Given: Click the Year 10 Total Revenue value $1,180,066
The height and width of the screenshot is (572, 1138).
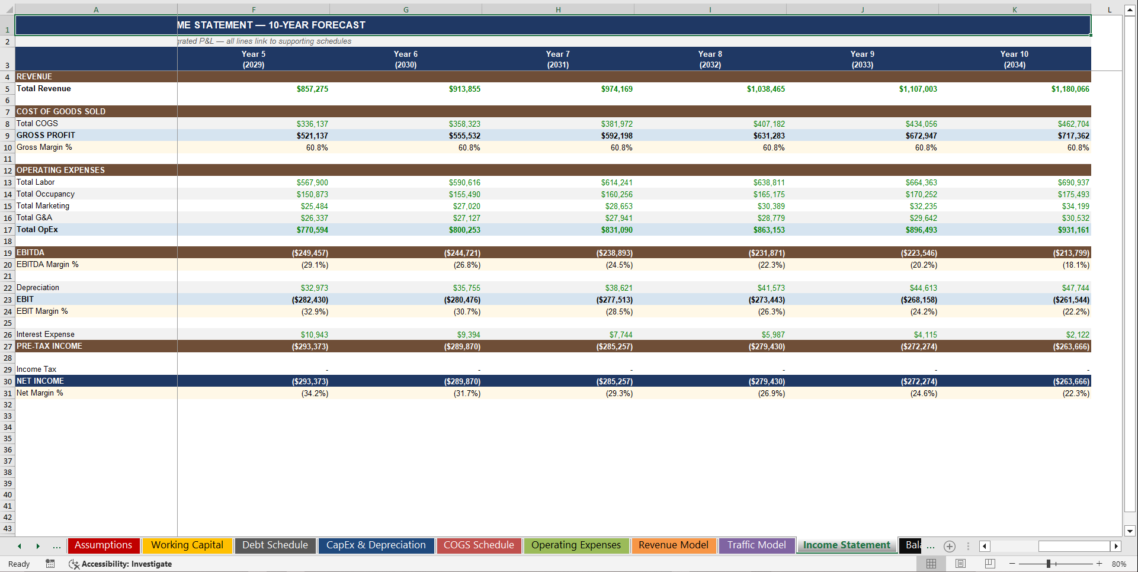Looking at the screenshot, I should point(1070,89).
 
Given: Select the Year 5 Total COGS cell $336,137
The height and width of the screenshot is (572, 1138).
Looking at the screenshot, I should point(312,124).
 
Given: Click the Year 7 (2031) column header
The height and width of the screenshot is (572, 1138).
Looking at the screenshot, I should point(557,59).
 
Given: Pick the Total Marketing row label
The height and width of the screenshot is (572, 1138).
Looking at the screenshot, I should point(43,206).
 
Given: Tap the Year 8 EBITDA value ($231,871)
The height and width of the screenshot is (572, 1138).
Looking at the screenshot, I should point(766,253).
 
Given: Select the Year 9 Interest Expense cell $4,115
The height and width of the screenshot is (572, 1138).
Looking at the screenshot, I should point(925,335).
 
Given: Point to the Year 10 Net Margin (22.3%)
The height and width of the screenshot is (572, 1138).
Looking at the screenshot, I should point(1076,393).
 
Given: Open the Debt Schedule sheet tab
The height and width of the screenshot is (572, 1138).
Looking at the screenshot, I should point(275,545).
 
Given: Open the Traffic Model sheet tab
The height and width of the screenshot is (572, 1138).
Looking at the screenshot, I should point(756,545).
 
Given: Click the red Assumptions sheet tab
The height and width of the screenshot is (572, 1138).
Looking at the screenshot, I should point(104,545).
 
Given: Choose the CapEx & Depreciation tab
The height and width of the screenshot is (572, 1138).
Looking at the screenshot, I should point(376,545).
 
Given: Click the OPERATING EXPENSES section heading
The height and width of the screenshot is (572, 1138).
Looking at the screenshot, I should point(60,170).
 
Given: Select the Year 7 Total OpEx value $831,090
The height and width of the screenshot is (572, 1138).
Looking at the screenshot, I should point(617,230).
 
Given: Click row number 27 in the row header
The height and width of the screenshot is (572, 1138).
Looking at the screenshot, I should point(8,346).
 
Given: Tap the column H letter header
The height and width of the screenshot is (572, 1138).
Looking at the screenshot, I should point(557,9).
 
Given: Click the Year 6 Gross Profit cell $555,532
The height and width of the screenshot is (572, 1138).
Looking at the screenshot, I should point(464,136).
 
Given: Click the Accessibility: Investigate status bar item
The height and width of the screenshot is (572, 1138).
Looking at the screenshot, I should point(121,564).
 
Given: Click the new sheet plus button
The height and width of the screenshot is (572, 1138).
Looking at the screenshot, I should point(950,546).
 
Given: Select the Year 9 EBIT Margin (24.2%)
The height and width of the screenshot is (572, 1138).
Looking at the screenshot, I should point(923,311).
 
